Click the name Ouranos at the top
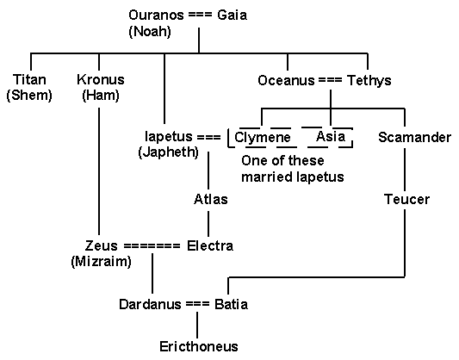156,16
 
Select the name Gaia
233,16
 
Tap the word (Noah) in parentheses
150,31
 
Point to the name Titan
29,79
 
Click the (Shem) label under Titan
29,96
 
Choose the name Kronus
101,79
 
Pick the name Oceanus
286,80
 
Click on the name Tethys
369,80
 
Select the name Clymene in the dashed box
263,137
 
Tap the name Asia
331,136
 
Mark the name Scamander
414,137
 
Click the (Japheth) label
168,152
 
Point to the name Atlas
211,199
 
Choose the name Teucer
406,199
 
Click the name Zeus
102,245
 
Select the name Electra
210,245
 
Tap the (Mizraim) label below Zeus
101,261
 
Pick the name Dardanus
150,304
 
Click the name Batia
232,304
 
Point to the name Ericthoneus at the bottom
199,347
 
